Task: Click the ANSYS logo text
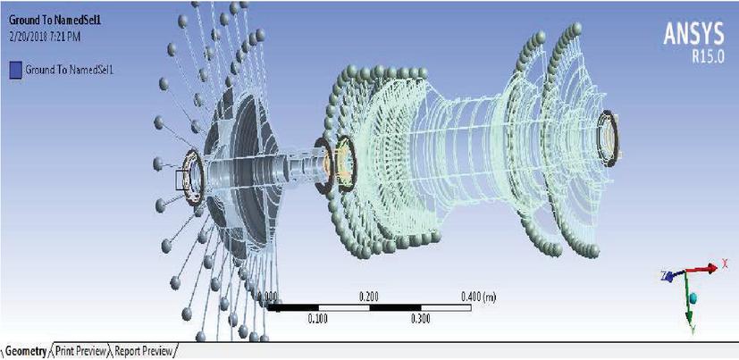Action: pyautogui.click(x=693, y=34)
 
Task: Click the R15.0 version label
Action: pyautogui.click(x=708, y=56)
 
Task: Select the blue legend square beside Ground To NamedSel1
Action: pyautogui.click(x=15, y=71)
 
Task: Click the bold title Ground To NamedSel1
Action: pyautogui.click(x=45, y=21)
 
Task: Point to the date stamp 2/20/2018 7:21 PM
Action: pyautogui.click(x=45, y=38)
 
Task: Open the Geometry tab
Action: pyautogui.click(x=26, y=352)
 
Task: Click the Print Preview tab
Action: pyautogui.click(x=80, y=352)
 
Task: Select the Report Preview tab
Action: pyautogui.click(x=143, y=352)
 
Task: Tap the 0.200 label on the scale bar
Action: pyautogui.click(x=368, y=297)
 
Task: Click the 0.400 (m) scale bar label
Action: pyautogui.click(x=479, y=297)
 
